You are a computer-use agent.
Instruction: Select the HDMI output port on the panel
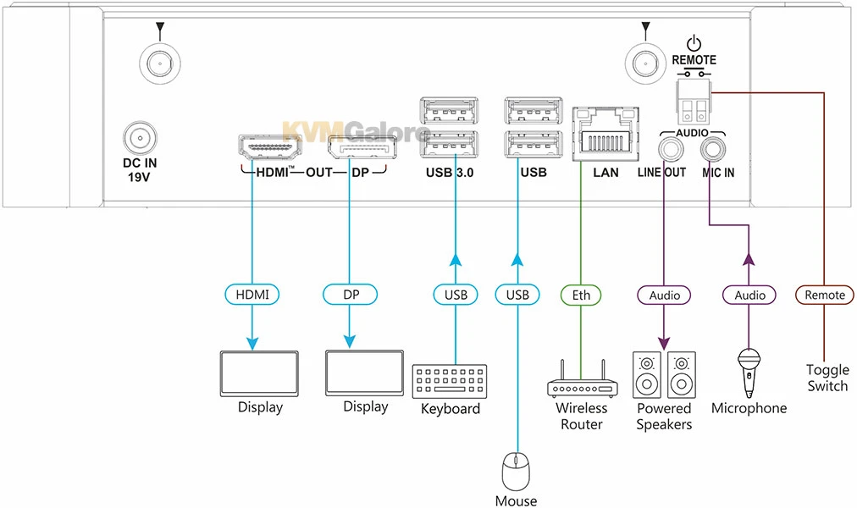coord(270,150)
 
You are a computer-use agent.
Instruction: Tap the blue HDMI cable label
coord(252,295)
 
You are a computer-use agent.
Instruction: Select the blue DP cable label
coord(350,295)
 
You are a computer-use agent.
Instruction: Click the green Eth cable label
coord(581,295)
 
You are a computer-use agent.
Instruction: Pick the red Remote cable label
coord(824,295)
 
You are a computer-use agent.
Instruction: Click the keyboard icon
coord(450,381)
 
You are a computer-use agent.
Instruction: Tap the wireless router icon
coord(581,382)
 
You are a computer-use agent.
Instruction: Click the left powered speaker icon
coord(647,375)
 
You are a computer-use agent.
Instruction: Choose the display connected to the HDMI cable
coord(259,373)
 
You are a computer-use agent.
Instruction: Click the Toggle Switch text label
coord(827,378)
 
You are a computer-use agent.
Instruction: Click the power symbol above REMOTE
coord(694,43)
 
